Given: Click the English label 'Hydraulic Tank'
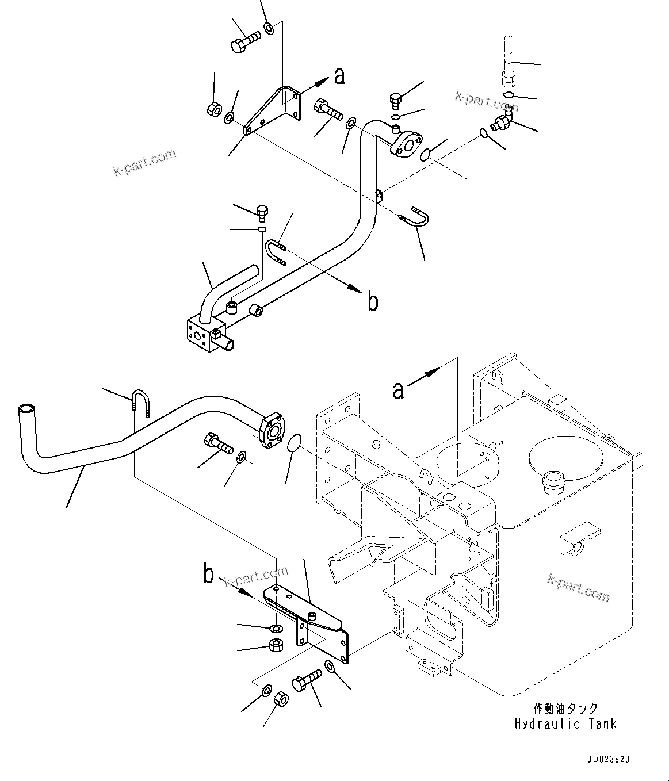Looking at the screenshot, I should (565, 723).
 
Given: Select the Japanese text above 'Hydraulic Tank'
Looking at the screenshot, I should (565, 709).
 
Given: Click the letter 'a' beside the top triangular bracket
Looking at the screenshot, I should (339, 75).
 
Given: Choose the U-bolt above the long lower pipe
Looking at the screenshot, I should (141, 401).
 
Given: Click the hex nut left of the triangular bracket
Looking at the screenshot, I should (212, 108).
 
